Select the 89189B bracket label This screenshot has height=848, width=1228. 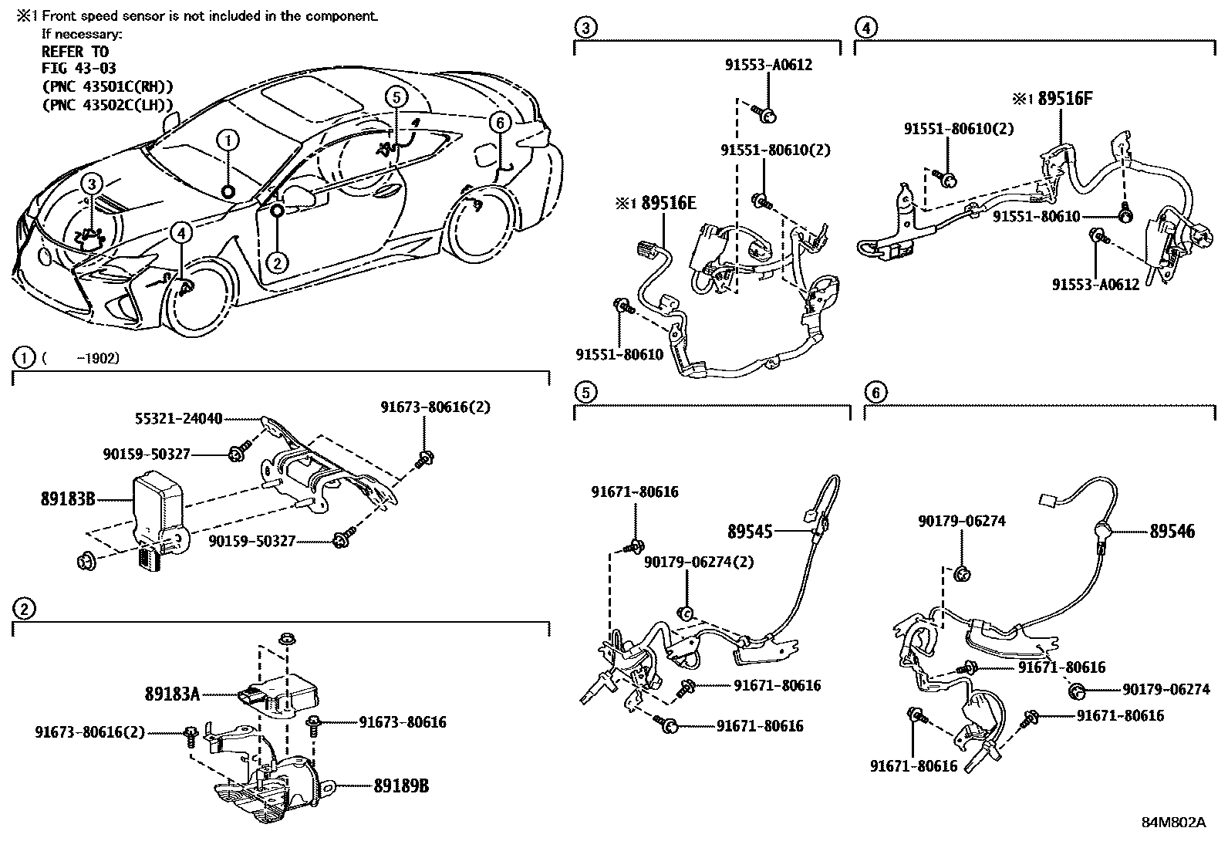pos(401,786)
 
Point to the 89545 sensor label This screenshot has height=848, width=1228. pos(750,531)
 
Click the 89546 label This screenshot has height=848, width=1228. pos(1172,531)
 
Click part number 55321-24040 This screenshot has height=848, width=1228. pos(177,419)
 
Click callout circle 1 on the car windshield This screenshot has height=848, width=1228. pos(228,140)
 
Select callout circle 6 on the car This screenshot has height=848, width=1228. pos(499,123)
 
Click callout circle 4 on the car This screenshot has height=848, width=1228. pos(180,232)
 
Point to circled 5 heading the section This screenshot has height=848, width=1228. pos(585,393)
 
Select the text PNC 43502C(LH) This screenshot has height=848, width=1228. pos(107,104)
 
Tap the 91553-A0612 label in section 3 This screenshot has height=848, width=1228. pos(768,66)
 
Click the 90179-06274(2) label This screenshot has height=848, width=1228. pos(700,562)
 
